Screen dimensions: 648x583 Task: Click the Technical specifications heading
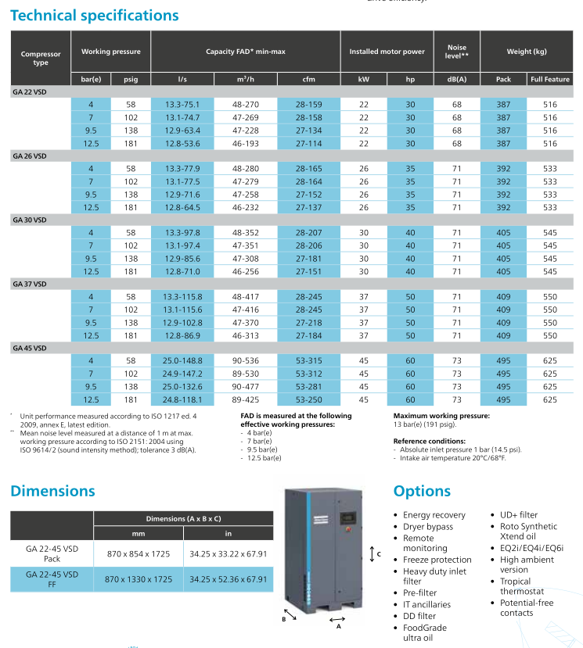[94, 15]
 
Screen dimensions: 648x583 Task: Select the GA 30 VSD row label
[30, 220]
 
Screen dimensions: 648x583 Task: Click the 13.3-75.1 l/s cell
[182, 104]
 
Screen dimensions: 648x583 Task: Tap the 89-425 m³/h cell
[246, 399]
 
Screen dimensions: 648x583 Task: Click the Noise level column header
[457, 52]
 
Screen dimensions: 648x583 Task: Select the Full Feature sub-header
[549, 79]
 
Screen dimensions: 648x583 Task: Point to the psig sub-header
[130, 79]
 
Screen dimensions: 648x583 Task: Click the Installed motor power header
[387, 52]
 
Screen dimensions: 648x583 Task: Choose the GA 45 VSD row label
[30, 348]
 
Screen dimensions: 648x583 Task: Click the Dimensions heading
[52, 491]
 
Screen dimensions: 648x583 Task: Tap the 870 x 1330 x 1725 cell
[139, 579]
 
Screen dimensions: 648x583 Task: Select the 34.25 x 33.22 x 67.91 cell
[229, 553]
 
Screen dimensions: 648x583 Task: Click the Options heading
[422, 491]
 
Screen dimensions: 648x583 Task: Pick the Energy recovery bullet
[434, 515]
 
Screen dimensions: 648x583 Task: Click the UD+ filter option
[519, 515]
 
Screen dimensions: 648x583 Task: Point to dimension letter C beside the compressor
[379, 553]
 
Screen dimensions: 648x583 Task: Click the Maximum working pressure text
[441, 416]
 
